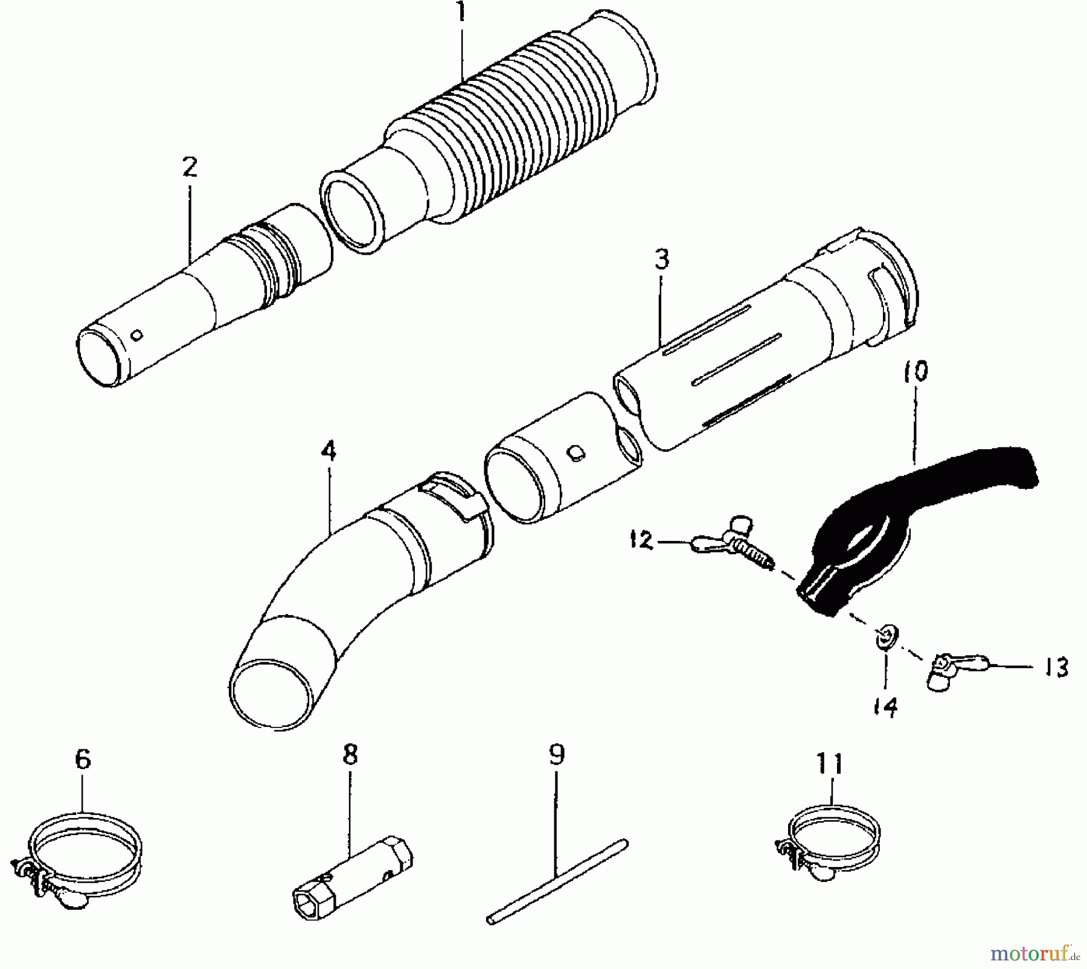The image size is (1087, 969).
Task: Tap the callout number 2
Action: click(x=190, y=167)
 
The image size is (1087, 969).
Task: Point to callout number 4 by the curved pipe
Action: click(x=329, y=452)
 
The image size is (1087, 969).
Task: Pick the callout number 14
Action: click(x=885, y=706)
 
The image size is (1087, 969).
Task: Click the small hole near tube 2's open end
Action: click(x=137, y=334)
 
